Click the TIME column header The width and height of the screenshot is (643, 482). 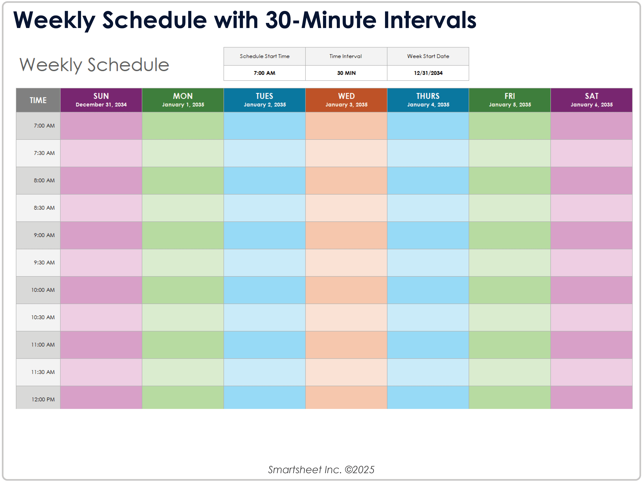[38, 100]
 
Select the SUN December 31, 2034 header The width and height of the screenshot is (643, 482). [101, 100]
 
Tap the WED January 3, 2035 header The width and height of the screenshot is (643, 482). [346, 100]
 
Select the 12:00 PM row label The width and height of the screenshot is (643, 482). [43, 399]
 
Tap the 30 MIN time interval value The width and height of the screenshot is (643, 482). [346, 73]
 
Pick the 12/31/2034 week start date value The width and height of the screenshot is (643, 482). [428, 73]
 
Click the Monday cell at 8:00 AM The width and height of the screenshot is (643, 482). [183, 181]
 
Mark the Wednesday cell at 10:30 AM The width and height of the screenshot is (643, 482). [346, 317]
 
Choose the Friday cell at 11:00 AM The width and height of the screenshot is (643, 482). [510, 345]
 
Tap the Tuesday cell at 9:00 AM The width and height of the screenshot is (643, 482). [265, 235]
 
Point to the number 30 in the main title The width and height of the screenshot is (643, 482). [279, 20]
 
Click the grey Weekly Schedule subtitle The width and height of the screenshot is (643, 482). [94, 65]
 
